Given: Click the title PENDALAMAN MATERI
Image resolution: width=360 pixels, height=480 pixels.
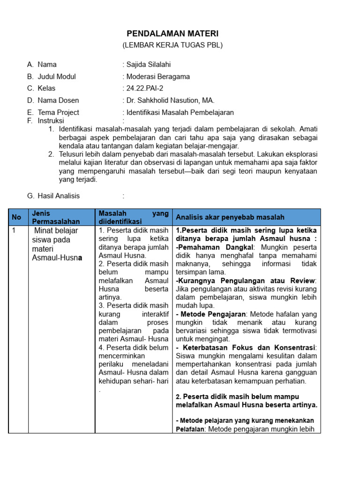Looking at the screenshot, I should click(173, 34).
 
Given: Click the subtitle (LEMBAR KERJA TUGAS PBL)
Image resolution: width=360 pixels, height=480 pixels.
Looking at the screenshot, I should click(172, 45).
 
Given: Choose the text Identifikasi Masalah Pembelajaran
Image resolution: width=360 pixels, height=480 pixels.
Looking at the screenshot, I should click(180, 112).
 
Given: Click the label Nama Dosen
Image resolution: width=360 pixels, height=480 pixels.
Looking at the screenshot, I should click(58, 100).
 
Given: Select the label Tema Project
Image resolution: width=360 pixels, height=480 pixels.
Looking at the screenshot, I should click(58, 112).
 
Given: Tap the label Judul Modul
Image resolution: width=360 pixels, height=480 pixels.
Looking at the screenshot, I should click(56, 76).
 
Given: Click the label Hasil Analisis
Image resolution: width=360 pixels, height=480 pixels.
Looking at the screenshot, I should click(59, 196).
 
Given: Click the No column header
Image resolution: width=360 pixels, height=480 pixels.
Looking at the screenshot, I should click(17, 217).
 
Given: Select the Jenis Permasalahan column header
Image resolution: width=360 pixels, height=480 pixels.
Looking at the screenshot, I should click(55, 217).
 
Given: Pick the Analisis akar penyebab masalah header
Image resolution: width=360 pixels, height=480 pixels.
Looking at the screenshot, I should click(230, 217).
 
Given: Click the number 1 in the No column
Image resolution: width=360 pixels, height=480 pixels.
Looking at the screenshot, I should click(14, 231).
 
